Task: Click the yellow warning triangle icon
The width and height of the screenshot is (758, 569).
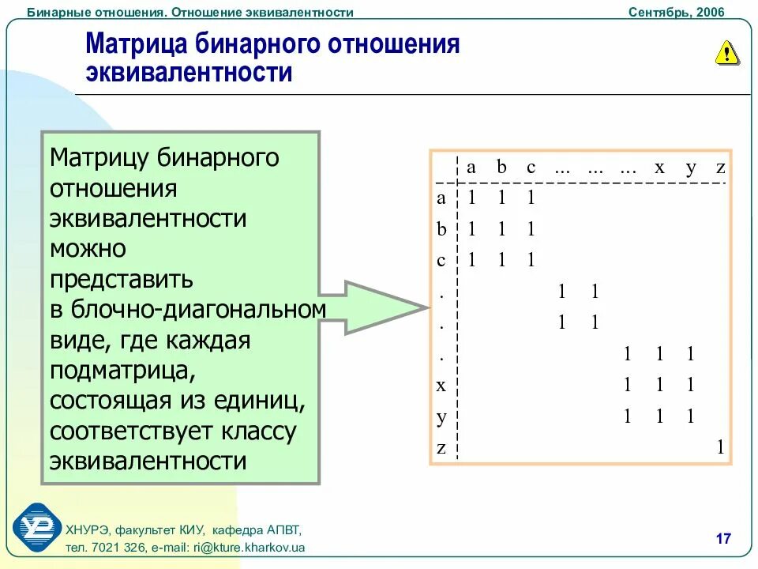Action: click(x=726, y=52)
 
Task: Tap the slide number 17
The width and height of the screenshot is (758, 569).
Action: click(x=722, y=539)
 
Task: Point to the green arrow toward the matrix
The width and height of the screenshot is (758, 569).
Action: click(x=379, y=307)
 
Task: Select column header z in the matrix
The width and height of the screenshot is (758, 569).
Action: click(x=719, y=168)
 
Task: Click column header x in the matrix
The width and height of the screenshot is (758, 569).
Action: click(x=659, y=168)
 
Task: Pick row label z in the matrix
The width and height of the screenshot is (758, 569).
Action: click(x=441, y=448)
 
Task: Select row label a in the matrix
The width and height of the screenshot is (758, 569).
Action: click(x=441, y=198)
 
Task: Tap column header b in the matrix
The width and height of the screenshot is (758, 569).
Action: click(x=501, y=168)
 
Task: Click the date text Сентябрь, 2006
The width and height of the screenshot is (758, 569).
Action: click(x=676, y=12)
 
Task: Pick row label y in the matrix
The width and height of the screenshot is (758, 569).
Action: click(x=441, y=416)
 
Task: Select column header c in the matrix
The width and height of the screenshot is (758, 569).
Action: click(x=531, y=168)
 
